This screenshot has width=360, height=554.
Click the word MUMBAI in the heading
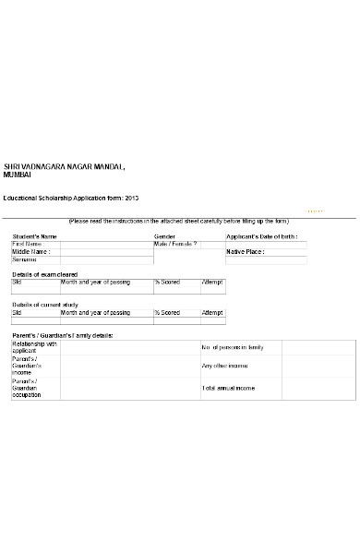pyautogui.click(x=19, y=175)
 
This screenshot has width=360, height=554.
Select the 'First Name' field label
pyautogui.click(x=29, y=244)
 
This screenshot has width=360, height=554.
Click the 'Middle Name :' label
pyautogui.click(x=30, y=251)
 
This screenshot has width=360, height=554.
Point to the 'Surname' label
pyautogui.click(x=25, y=259)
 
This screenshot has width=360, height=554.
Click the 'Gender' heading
pyautogui.click(x=164, y=236)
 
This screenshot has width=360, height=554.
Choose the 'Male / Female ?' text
pyautogui.click(x=175, y=244)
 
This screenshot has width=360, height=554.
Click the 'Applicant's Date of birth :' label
pyautogui.click(x=267, y=236)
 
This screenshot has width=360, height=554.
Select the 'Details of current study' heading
pyautogui.click(x=45, y=305)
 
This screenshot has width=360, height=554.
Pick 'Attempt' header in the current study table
pyautogui.click(x=212, y=313)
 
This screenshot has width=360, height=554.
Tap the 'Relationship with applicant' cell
pyautogui.click(x=34, y=348)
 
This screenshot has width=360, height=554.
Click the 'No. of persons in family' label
pyautogui.click(x=233, y=347)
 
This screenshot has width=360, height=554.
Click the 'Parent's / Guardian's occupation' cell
pyautogui.click(x=28, y=389)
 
